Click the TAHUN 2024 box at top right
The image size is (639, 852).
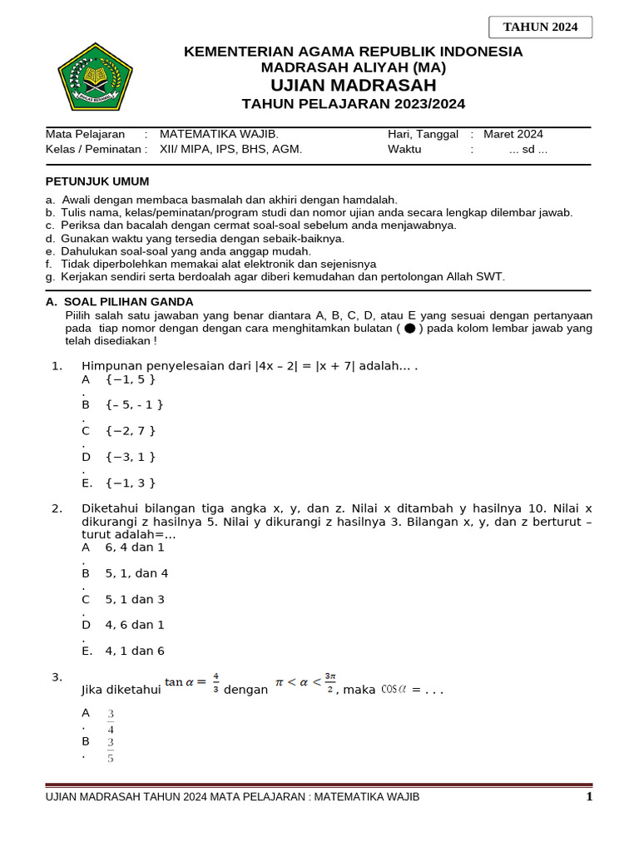point(540,27)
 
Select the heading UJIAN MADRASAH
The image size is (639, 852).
point(353,86)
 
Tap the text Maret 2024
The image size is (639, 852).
point(513,134)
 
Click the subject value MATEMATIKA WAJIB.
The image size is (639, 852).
point(219,134)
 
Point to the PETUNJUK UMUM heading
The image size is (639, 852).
point(97,181)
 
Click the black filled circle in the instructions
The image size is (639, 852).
point(409,329)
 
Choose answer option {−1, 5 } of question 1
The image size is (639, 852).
point(131,379)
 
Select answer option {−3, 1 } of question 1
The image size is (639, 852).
point(131,457)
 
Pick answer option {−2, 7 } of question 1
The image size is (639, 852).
point(131,431)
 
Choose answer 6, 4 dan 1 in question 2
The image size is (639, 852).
point(134,547)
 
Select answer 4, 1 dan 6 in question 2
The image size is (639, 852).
point(134,651)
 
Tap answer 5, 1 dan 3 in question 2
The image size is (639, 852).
point(134,599)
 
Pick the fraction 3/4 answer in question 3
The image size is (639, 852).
point(111,720)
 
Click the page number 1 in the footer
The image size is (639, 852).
point(588,797)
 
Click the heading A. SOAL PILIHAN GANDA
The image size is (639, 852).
point(119,302)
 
